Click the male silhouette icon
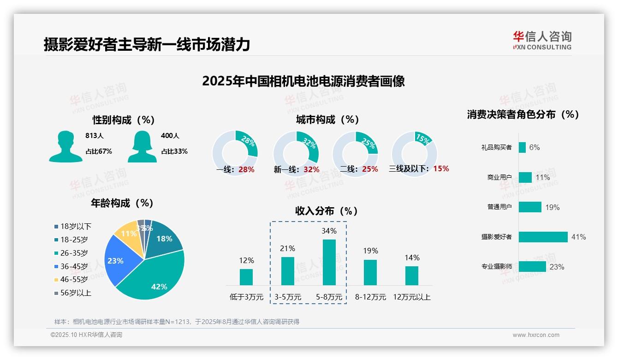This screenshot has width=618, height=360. pyautogui.click(x=65, y=146)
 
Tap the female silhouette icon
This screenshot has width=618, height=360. pyautogui.click(x=142, y=146)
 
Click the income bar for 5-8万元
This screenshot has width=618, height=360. pyautogui.click(x=329, y=262)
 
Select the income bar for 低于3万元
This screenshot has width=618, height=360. pyautogui.click(x=246, y=277)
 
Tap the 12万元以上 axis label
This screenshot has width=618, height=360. pyautogui.click(x=411, y=297)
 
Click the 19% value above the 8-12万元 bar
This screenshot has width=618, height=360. pyautogui.click(x=370, y=251)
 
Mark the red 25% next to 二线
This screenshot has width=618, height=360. pyautogui.click(x=370, y=169)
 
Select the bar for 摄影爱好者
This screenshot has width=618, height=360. pyautogui.click(x=543, y=237)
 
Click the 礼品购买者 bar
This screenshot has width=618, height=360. pyautogui.click(x=522, y=147)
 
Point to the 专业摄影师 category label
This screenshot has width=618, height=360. pyautogui.click(x=496, y=267)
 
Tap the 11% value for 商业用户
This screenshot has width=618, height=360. pyautogui.click(x=542, y=177)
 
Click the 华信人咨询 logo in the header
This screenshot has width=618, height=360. pyautogui.click(x=542, y=41)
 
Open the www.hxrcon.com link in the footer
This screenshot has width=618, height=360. pyautogui.click(x=536, y=335)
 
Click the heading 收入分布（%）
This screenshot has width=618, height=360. pyautogui.click(x=327, y=211)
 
